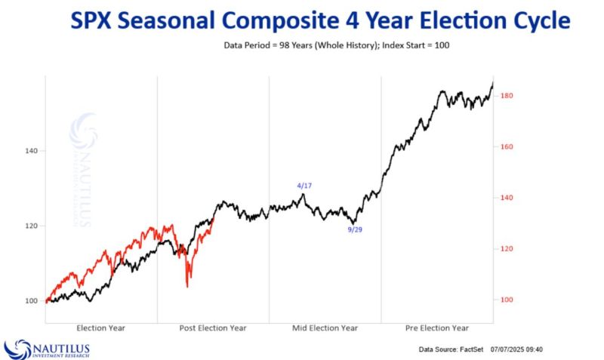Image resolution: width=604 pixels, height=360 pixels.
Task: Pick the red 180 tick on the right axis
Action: pos(507,96)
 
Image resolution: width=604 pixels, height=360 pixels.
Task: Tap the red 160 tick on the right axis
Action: pos(507,146)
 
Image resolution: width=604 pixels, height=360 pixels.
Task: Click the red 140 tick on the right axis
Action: pos(507,198)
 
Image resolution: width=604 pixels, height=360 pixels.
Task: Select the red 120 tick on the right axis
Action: pos(507,249)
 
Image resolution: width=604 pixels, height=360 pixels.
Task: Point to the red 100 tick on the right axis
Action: pos(507,300)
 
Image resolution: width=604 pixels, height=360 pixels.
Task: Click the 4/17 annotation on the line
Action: pos(303,185)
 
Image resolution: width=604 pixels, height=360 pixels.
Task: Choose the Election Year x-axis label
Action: pos(101,328)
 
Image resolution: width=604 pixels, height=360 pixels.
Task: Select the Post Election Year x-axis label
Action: pos(213,328)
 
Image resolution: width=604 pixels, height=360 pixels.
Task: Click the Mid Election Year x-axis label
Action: pos(325,328)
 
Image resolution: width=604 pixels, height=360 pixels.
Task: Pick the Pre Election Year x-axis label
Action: pos(436,328)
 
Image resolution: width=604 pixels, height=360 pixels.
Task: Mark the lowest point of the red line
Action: pos(186,287)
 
